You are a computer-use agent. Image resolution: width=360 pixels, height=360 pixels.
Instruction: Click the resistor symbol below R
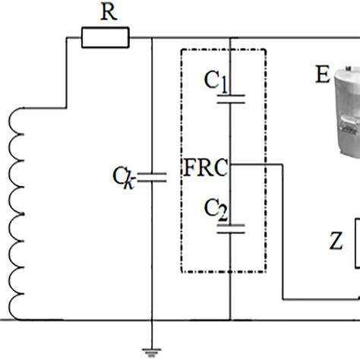106,36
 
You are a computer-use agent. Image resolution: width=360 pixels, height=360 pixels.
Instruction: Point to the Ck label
122,178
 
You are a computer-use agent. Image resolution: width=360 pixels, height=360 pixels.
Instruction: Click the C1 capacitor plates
229,98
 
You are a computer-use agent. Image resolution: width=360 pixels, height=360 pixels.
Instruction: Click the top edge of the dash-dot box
223,50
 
